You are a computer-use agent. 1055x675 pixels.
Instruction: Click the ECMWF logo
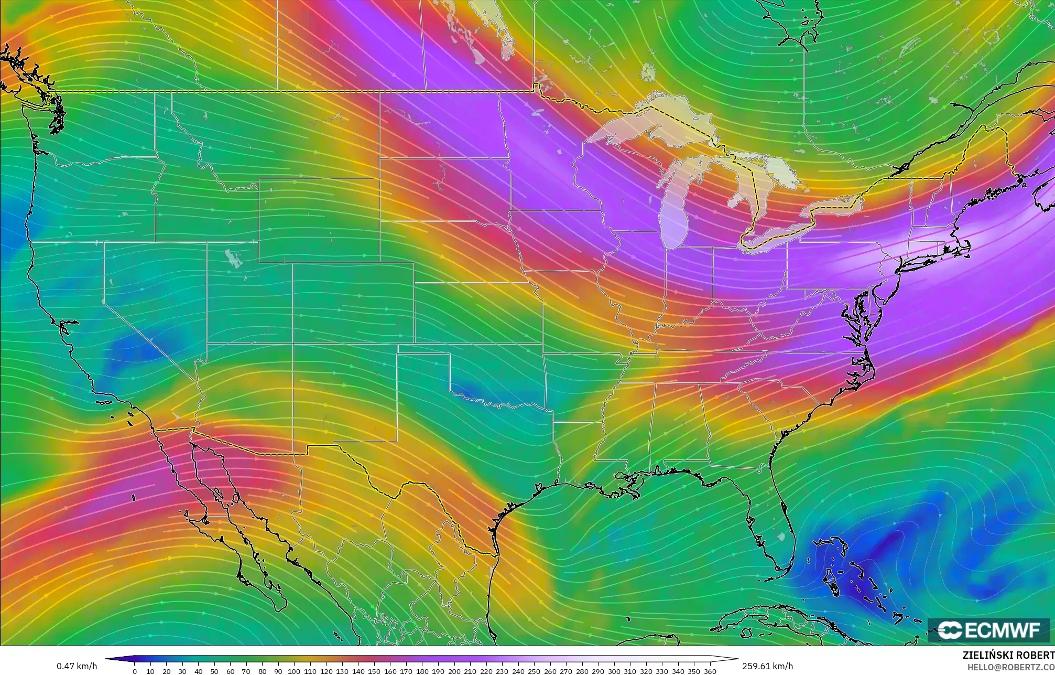[988, 630]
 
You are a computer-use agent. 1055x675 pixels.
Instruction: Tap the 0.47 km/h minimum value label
[77, 666]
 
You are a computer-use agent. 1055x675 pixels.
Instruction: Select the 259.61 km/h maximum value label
[767, 666]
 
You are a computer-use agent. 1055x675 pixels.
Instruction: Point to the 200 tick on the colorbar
[454, 671]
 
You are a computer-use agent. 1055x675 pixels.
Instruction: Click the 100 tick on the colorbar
[294, 671]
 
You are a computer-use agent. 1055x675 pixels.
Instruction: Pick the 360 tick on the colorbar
[710, 671]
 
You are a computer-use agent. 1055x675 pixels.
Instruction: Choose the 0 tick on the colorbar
[135, 671]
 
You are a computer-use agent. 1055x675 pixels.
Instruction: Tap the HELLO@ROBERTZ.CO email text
[1010, 667]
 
